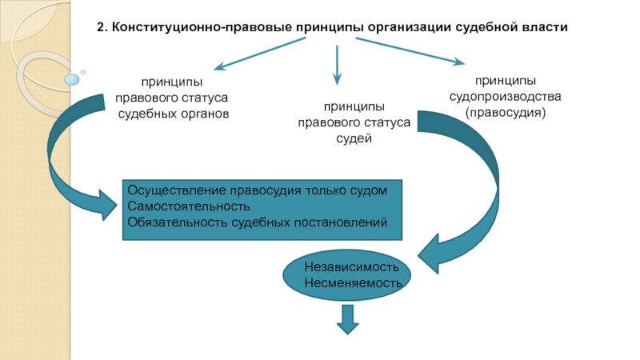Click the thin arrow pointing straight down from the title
tap(337, 66)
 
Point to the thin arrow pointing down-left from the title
tap(259, 54)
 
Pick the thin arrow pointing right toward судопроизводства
tap(410, 51)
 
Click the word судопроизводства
tap(506, 97)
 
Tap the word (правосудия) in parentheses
tap(506, 112)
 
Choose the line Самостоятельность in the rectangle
tap(189, 206)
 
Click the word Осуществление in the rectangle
tap(177, 190)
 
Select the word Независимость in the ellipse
tap(351, 267)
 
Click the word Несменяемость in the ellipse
tap(353, 282)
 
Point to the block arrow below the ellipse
tap(348, 319)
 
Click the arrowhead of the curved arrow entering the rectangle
tap(108, 206)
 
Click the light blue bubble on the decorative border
tap(72, 79)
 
